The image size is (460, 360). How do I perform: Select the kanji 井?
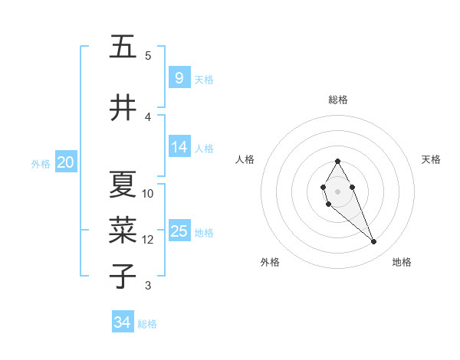point(123,108)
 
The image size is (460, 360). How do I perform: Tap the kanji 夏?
point(123,185)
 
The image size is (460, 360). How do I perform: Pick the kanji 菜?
point(123,230)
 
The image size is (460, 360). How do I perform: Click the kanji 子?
point(123,275)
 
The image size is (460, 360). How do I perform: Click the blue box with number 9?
point(179,77)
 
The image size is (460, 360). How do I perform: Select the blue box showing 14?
point(179,147)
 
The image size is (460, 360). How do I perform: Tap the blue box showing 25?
point(179,231)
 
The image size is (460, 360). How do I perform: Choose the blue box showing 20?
point(66,162)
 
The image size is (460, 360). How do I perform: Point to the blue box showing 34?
point(123,322)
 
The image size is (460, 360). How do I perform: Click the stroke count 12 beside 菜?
point(148,240)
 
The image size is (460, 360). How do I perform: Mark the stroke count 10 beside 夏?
point(148,194)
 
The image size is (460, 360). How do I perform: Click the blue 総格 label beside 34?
point(147,324)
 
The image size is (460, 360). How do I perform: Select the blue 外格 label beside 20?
point(41,164)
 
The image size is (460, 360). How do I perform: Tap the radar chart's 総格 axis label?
point(338,100)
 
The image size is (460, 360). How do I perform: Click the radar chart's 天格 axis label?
point(431,159)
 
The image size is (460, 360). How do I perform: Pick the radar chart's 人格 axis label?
point(245,159)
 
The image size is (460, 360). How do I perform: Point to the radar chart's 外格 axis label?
point(270,262)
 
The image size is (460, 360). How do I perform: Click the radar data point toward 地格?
point(374,242)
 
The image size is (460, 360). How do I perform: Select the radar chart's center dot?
point(337,190)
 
